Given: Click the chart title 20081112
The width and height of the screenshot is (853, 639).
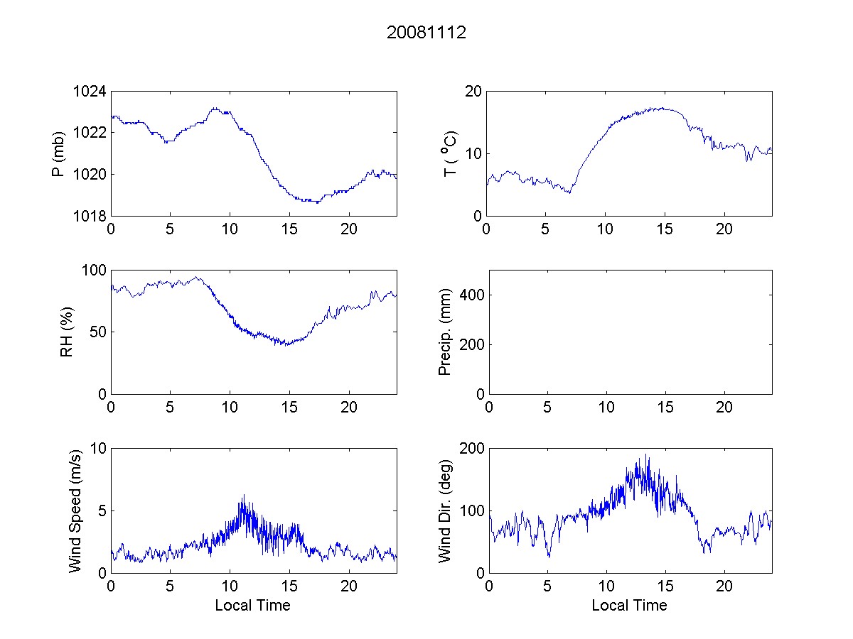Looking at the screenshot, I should [x=426, y=33].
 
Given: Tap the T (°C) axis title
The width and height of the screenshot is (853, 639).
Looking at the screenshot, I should [x=449, y=153].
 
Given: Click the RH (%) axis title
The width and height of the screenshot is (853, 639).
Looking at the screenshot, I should [x=67, y=332].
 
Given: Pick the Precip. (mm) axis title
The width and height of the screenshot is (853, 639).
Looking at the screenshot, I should [x=446, y=332].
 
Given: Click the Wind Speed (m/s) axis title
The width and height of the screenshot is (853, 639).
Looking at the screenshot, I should [x=75, y=510].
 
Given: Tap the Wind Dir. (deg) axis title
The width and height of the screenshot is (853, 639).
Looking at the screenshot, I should [x=446, y=510].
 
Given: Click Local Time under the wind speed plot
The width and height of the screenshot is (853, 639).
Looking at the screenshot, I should [x=252, y=606].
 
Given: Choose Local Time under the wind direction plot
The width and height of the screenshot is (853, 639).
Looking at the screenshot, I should [x=629, y=606].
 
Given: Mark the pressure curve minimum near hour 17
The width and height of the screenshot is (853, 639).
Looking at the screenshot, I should [x=317, y=203].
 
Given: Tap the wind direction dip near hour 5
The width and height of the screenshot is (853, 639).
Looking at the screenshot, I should [x=549, y=557].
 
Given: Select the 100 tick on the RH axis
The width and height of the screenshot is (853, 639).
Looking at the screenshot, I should [x=95, y=271].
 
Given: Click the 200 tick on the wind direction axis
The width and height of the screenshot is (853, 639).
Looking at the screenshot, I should [x=471, y=449].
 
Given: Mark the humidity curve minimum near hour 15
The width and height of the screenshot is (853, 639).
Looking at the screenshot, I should [x=286, y=345].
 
